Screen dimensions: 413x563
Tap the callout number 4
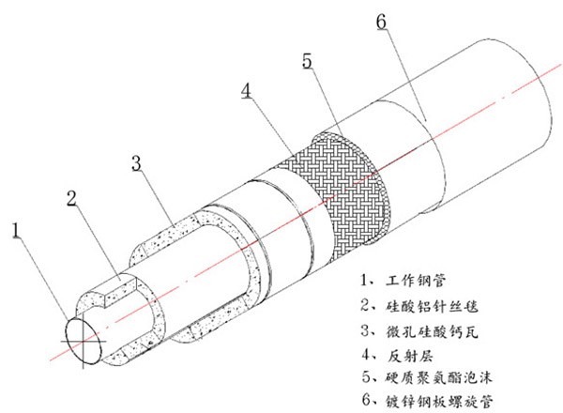pyautogui.click(x=245, y=92)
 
